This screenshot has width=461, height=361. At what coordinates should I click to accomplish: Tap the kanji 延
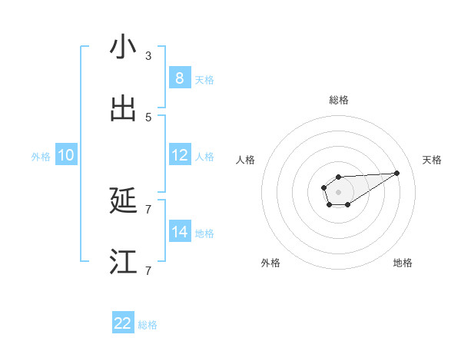coord(123,201)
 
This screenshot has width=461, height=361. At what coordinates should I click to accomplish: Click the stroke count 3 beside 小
coord(148,56)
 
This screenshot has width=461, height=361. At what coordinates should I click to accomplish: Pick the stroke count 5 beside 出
coord(148,118)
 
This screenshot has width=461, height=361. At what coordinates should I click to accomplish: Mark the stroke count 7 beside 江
coord(148,270)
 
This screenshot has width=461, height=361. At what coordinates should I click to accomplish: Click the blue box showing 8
coord(179,78)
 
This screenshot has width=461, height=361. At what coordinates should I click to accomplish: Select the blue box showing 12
coord(179,155)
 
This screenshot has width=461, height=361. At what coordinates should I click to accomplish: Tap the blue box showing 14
coord(179,231)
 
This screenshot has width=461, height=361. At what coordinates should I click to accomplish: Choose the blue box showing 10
coord(66,155)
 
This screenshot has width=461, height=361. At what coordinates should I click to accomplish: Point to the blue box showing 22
coord(123,323)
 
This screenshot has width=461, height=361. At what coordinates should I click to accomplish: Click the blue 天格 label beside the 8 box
coord(204,79)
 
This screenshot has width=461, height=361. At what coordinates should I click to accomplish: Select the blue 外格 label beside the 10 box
coord(41,157)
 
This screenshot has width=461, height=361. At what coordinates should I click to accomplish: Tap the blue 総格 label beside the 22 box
coord(148,325)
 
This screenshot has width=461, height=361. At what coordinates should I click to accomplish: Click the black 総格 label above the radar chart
coord(338,100)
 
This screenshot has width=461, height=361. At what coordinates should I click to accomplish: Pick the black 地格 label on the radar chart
coord(403,263)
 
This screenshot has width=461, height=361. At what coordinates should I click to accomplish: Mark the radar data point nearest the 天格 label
coord(397,173)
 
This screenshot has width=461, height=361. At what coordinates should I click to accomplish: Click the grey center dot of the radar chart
coord(338,190)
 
